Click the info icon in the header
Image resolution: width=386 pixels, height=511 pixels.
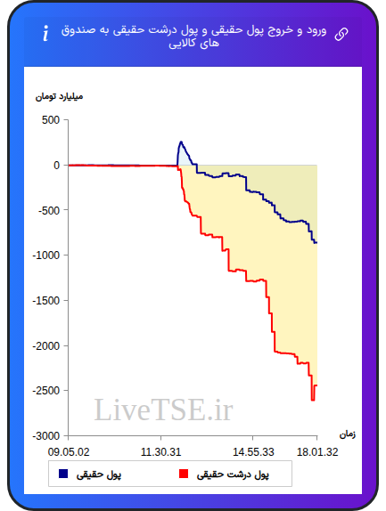click(45, 33)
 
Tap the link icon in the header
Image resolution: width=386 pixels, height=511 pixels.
click(341, 34)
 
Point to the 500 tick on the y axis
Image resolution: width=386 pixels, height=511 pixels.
click(51, 120)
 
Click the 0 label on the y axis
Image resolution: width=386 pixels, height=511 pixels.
click(57, 166)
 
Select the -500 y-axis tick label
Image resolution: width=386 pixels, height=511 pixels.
click(49, 210)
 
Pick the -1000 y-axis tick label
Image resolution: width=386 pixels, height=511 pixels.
click(46, 255)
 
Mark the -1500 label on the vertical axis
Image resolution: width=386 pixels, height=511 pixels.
click(46, 301)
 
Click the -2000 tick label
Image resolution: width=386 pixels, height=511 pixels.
click(46, 345)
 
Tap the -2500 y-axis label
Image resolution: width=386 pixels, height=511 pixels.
click(46, 391)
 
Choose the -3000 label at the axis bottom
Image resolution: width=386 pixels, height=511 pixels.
click(46, 435)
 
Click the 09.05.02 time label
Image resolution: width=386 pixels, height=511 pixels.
click(69, 452)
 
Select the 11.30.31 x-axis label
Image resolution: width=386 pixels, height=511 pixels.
click(160, 452)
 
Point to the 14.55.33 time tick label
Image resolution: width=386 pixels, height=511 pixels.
click(253, 452)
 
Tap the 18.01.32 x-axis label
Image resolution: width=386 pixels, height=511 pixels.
click(317, 452)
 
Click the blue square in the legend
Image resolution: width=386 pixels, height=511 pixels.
click(63, 474)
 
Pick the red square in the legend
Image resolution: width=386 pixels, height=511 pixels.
click(184, 474)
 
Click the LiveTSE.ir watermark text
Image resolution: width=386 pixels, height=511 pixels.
click(163, 410)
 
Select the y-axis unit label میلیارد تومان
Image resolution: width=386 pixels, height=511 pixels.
click(59, 96)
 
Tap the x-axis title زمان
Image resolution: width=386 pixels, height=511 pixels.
click(347, 434)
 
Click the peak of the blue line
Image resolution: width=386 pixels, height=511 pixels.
click(181, 142)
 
